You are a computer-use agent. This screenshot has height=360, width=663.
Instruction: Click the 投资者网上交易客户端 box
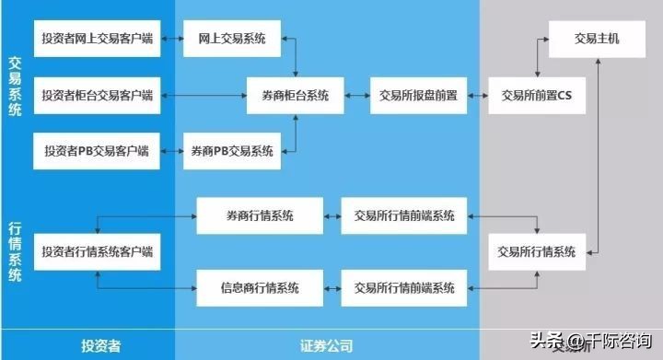click(x=97, y=40)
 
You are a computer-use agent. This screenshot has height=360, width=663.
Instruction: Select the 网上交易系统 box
click(x=231, y=40)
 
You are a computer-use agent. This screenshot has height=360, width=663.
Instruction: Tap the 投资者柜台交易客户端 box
click(x=97, y=94)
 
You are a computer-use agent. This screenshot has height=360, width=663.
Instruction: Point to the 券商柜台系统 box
click(x=295, y=94)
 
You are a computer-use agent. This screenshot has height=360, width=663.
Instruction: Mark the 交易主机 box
click(x=596, y=40)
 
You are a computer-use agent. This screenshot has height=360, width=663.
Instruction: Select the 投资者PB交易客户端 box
click(x=97, y=150)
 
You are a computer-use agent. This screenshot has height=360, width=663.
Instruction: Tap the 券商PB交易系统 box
click(x=231, y=150)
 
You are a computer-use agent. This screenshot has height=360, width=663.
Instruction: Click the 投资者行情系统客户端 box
click(x=97, y=250)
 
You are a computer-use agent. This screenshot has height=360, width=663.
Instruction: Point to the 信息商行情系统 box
click(x=260, y=287)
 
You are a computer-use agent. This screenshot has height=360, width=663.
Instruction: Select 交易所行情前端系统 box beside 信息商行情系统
click(x=404, y=287)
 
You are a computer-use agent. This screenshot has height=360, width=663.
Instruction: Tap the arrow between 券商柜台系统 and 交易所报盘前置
click(x=355, y=94)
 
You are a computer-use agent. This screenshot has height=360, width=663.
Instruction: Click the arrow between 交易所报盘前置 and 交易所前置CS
click(x=479, y=94)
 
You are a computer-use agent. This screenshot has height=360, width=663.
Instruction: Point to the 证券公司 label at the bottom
click(x=326, y=346)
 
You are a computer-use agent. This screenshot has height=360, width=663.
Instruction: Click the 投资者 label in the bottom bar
click(x=100, y=346)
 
